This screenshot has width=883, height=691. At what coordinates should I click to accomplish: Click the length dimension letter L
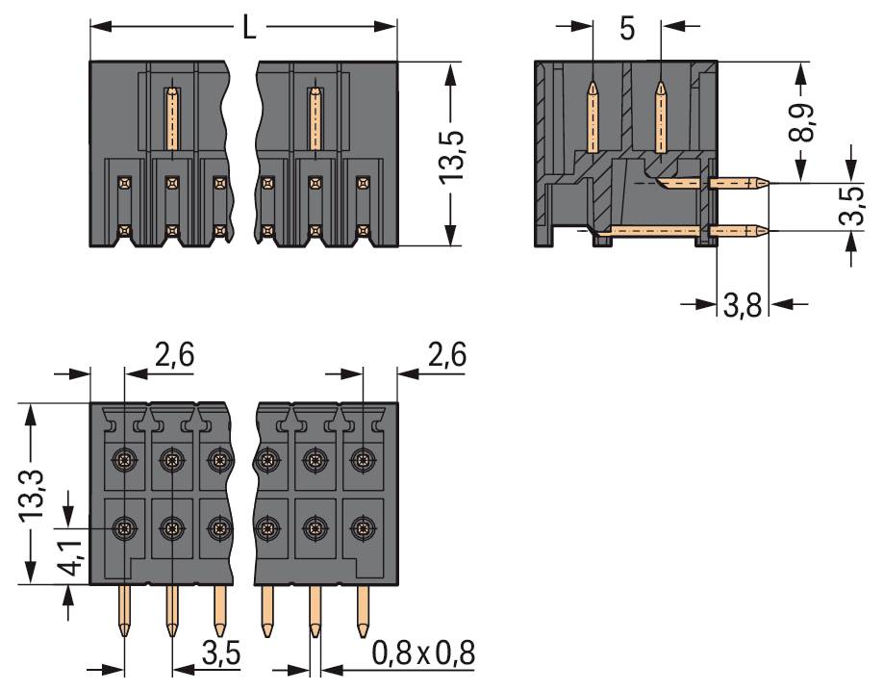[249, 28]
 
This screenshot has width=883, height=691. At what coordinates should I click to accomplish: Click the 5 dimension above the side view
[626, 29]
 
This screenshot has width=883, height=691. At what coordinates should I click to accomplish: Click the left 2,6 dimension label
[174, 356]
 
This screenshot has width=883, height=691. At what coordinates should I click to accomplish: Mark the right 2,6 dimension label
[446, 356]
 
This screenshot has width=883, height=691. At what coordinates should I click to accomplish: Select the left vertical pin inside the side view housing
[593, 115]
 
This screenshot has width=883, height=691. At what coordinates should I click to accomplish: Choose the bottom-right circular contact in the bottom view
[362, 527]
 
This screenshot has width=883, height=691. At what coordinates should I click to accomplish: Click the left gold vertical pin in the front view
[171, 117]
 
